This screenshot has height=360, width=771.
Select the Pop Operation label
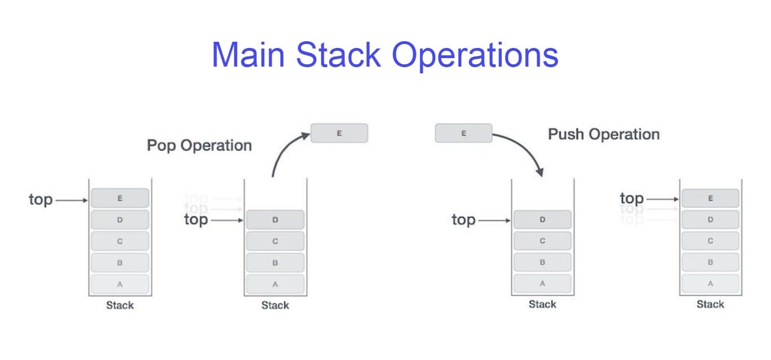click(x=199, y=146)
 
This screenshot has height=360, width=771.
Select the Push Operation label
click(x=603, y=134)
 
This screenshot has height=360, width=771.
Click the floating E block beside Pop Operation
click(x=339, y=133)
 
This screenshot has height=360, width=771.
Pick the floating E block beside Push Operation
click(x=463, y=133)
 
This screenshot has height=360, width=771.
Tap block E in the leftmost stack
click(x=120, y=198)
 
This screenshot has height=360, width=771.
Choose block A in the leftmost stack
click(x=120, y=284)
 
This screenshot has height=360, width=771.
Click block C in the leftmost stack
click(x=120, y=241)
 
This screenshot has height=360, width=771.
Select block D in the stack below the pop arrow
click(x=275, y=219)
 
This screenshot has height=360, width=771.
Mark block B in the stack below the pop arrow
click(x=275, y=262)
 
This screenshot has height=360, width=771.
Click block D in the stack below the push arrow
click(x=542, y=219)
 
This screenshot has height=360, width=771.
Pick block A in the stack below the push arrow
click(x=542, y=283)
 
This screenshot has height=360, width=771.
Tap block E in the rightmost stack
click(x=710, y=198)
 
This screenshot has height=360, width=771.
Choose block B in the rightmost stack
click(x=710, y=262)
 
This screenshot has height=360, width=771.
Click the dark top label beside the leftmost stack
click(x=41, y=200)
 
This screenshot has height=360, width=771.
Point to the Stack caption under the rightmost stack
click(x=710, y=305)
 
